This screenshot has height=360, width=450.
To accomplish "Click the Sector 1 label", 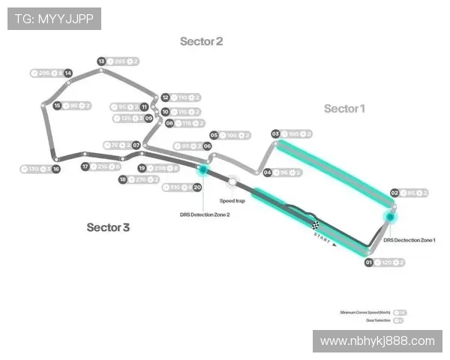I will tap(344, 109).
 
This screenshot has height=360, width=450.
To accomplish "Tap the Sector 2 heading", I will tap(201, 41).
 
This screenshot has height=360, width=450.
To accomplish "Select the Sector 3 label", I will tap(108, 226).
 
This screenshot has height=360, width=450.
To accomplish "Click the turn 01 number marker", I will tap(369, 262).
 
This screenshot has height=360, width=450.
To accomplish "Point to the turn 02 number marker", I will tap(394, 193).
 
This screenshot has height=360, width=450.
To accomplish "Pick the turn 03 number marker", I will tap(275, 133).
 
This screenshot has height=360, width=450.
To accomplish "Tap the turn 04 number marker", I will tap(268, 172).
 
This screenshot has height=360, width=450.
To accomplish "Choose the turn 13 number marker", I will tap(101, 61).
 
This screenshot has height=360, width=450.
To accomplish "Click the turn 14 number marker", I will tap(68, 73).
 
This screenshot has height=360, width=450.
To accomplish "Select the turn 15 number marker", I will tap(58, 106).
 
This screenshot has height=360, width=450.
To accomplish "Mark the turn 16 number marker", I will tap(55, 169).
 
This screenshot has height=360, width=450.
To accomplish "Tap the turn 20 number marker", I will tap(197, 187).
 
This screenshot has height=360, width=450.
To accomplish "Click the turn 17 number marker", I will tap(85, 166).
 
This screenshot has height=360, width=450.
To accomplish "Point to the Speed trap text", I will tap(232, 201).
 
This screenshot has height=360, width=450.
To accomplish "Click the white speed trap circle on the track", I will tap(232, 181).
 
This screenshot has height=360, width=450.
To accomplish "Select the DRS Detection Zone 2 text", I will tap(205, 214).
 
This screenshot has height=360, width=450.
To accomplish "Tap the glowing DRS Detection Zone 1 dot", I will tap(389, 217).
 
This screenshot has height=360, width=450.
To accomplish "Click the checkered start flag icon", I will tap(316, 224).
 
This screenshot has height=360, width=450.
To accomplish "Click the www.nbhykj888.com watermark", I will tap(377, 341).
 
